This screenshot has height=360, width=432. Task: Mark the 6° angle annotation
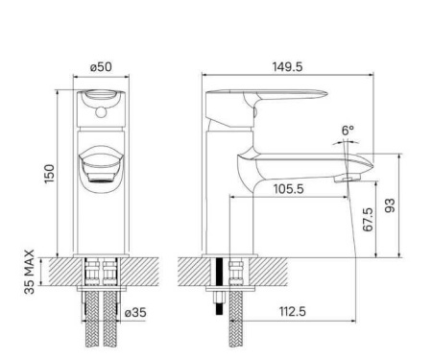[347, 130]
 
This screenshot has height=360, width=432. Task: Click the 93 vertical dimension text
[390, 206]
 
